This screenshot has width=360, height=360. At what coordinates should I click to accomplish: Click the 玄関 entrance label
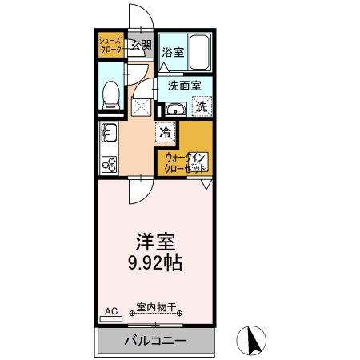(142, 46)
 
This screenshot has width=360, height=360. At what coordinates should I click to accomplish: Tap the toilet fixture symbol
(111, 95)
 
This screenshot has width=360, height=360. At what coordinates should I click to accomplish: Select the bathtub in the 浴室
(199, 52)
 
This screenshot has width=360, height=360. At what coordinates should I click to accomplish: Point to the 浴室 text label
(173, 52)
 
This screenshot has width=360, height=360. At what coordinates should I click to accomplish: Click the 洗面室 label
(185, 86)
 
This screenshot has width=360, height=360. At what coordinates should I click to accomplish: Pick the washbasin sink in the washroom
(176, 109)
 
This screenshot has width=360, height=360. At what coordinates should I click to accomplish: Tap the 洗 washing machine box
(202, 106)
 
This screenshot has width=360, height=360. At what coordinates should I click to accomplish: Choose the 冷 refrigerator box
(166, 132)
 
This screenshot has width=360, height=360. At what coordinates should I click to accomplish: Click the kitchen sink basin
(109, 133)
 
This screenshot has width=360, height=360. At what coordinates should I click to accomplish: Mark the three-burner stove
(110, 164)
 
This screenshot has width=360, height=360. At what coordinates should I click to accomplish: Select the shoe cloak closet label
(111, 46)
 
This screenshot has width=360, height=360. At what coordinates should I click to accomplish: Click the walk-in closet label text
(186, 163)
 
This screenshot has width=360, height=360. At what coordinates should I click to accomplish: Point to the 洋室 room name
(155, 242)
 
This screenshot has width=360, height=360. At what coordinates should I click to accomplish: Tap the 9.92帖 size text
(155, 262)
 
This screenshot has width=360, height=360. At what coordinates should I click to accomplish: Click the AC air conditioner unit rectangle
(111, 318)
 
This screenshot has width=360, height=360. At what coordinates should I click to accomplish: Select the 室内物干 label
(156, 307)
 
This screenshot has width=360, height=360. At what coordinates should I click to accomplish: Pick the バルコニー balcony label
(155, 341)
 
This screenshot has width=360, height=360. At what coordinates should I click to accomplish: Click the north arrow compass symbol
(251, 341)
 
